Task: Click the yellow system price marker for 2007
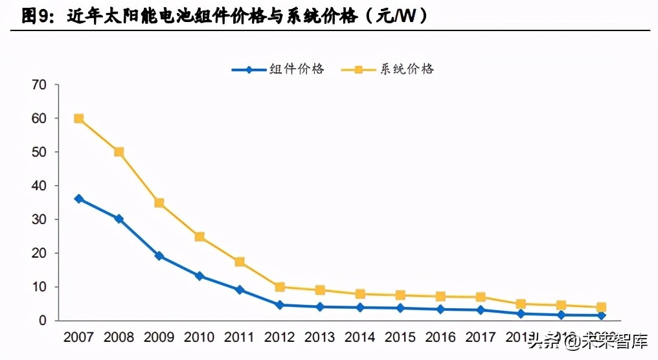[78, 118]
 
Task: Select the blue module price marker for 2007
[78, 199]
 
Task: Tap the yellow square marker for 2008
[119, 152]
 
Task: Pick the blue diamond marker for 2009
[159, 256]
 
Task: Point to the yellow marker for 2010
[199, 237]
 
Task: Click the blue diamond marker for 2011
[240, 290]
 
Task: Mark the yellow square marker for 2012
[280, 287]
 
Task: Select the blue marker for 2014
[360, 308]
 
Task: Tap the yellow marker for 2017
[481, 297]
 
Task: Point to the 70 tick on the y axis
[39, 85]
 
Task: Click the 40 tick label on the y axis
[39, 186]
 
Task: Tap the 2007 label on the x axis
[78, 337]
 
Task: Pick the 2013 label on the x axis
[320, 337]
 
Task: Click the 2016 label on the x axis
[440, 337]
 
